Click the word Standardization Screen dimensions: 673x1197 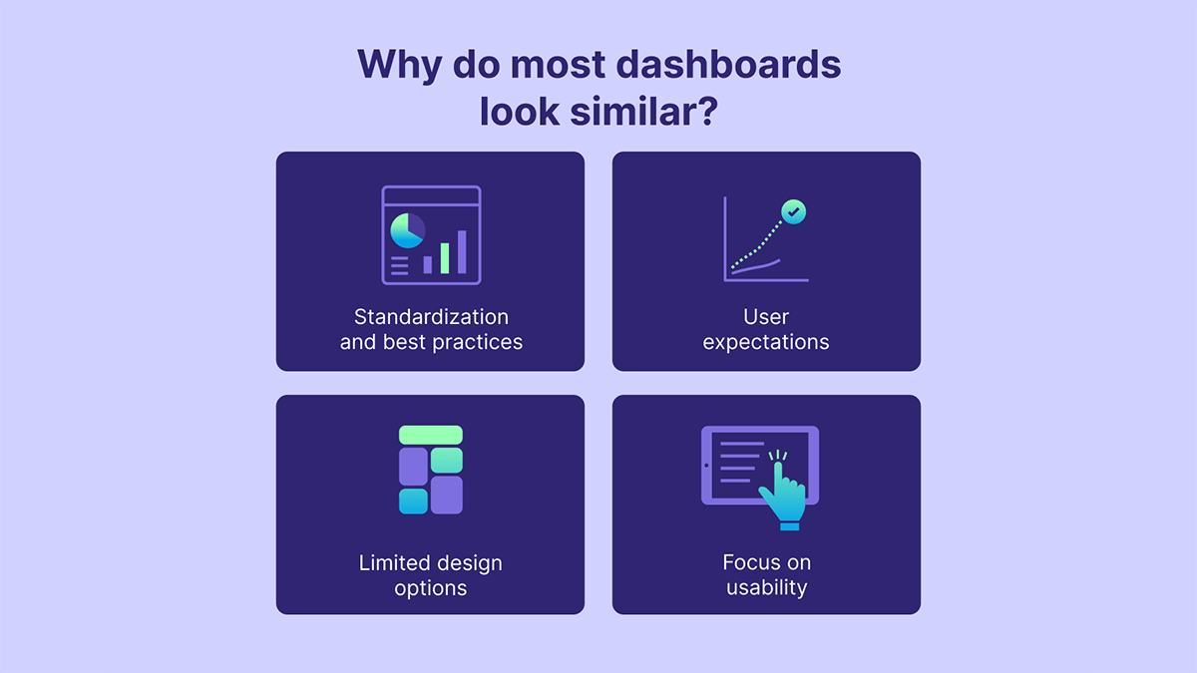point(431,317)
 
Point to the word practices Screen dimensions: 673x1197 point(477,342)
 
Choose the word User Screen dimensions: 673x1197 point(766,317)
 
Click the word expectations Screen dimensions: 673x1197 point(766,342)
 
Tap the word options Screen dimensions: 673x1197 point(431,587)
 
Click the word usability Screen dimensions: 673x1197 point(766,587)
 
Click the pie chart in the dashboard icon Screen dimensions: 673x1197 point(406,230)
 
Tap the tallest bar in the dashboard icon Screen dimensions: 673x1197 point(461,252)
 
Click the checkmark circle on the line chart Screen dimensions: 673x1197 point(794,211)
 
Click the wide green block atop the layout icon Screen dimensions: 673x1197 point(431,435)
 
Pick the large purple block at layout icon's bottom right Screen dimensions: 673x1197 point(447,496)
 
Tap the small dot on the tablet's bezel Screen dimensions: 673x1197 point(707,466)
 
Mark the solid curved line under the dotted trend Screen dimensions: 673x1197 point(758,266)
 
